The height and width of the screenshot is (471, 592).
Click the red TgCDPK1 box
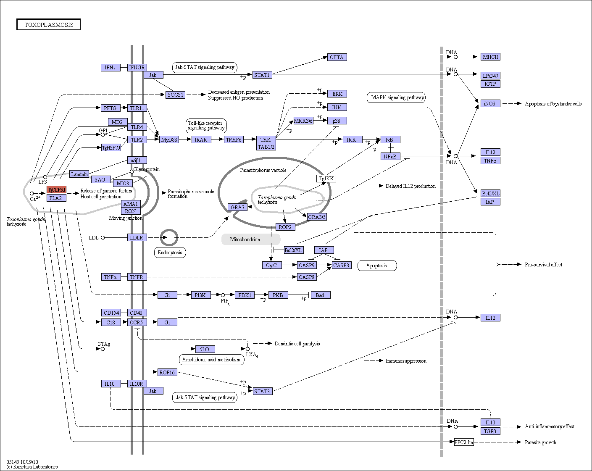pos(56,189)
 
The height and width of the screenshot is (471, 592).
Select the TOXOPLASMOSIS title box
pos(48,24)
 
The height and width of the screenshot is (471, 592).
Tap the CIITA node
pos(337,57)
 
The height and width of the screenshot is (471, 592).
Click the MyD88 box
pos(169,139)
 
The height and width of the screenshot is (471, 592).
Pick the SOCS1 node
pos(175,95)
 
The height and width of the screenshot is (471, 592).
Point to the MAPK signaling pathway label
pos(396,97)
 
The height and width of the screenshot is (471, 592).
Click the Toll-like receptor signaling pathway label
pos(206,126)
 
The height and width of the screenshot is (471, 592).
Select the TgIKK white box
pos(326,179)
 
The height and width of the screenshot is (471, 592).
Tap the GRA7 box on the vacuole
pos(238,207)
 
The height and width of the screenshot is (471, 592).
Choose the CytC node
pos(272,265)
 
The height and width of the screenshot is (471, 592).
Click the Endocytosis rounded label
pos(170,253)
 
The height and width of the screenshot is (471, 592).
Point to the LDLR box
pos(137,237)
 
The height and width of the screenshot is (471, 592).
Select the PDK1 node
pos(245,295)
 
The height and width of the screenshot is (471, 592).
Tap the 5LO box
pos(205,349)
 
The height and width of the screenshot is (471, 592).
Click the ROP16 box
pos(167,372)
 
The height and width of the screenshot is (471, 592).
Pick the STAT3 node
pos(263,391)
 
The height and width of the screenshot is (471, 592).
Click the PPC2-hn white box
pos(464,442)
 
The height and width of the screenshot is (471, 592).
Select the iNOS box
pos(490,103)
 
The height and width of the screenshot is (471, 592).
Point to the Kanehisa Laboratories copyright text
pos(32,467)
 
